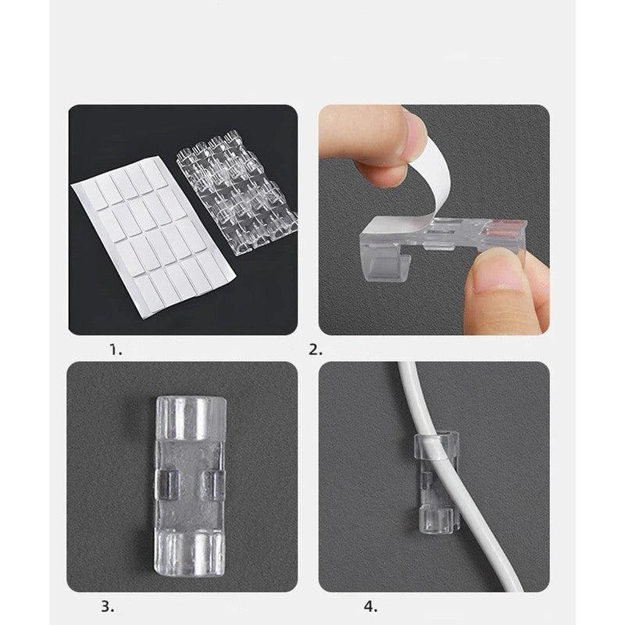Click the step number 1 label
point(116,350)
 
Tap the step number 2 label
point(316,350)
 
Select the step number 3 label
point(108,607)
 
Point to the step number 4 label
point(370,607)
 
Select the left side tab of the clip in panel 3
point(166,484)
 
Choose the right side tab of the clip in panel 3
point(213,484)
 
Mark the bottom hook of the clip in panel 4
point(437,521)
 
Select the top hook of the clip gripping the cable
point(436,445)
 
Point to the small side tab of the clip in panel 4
point(426,480)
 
